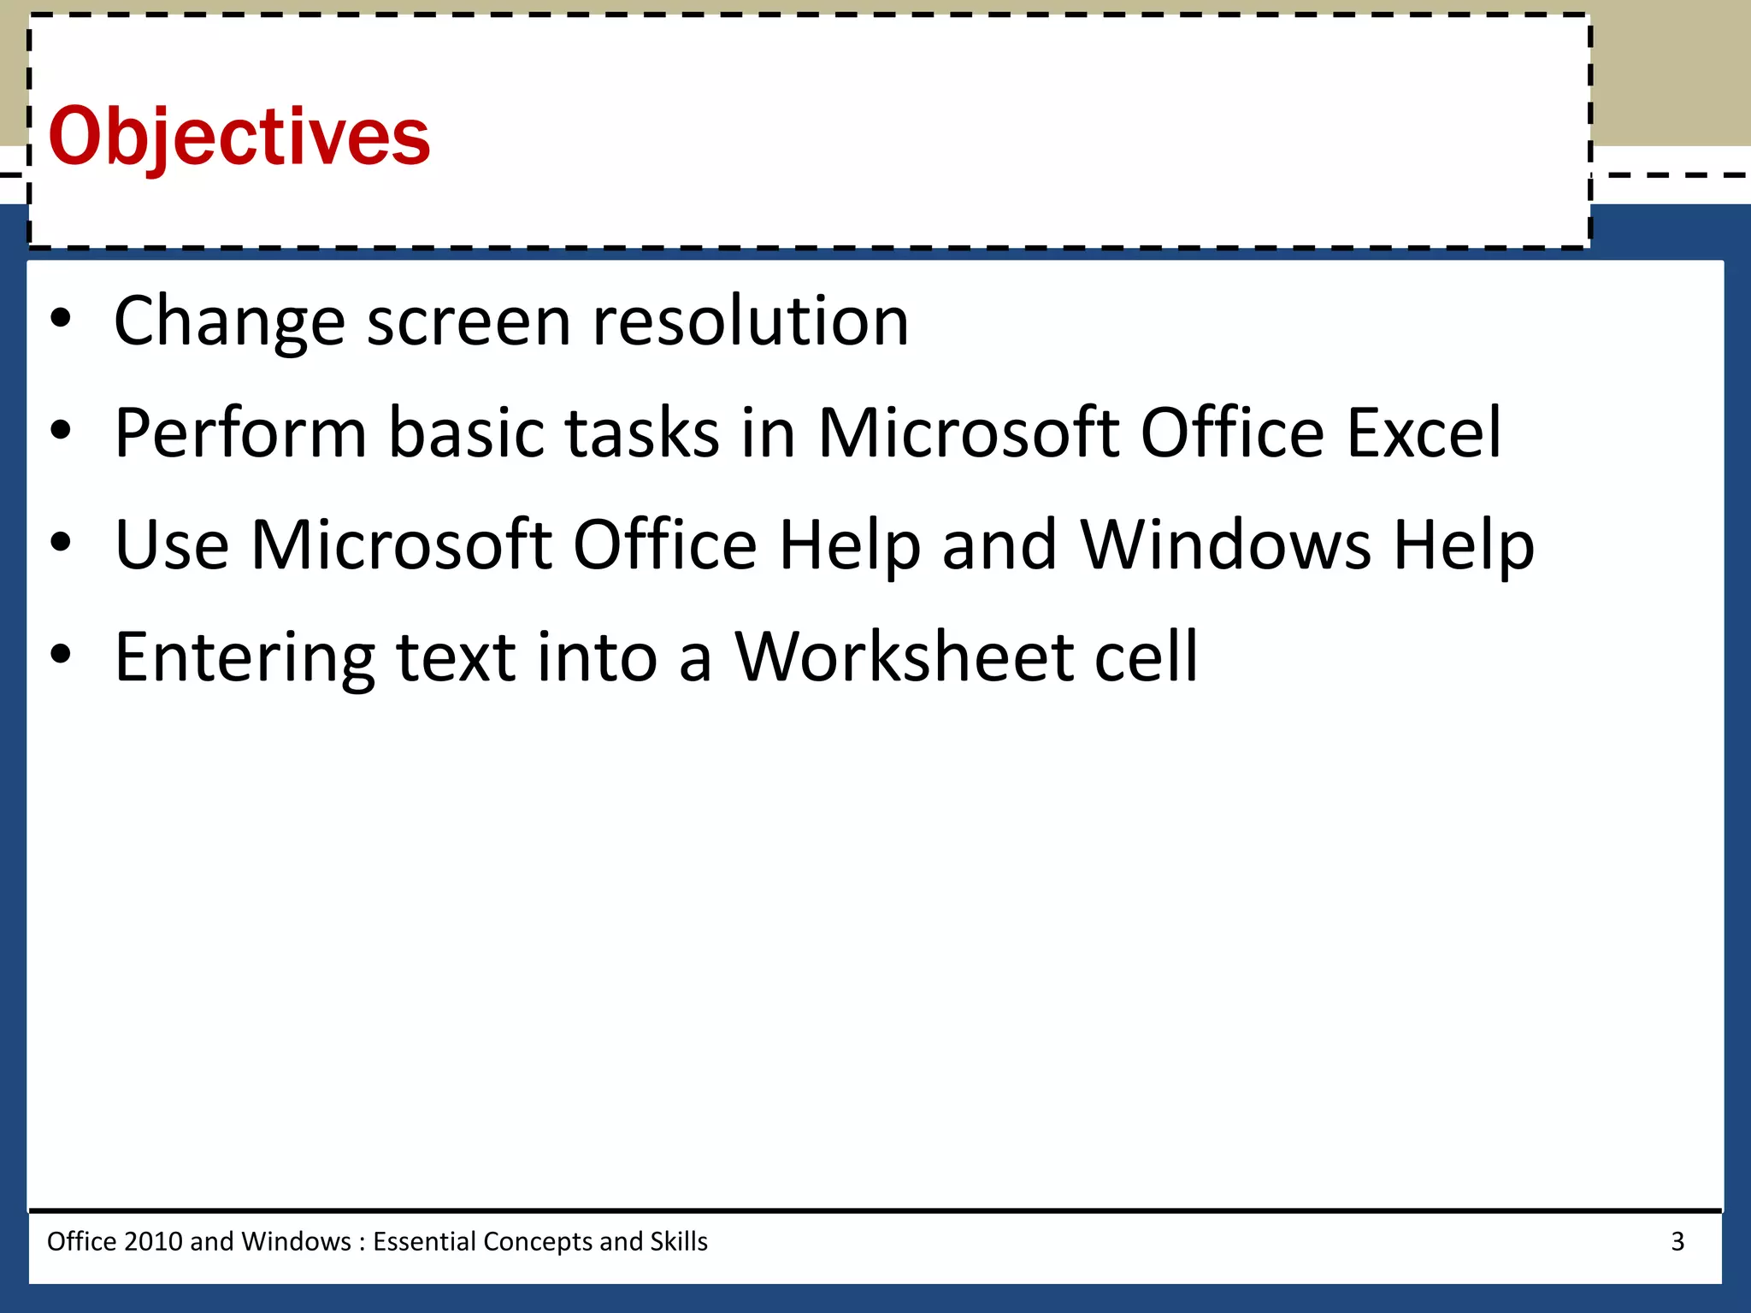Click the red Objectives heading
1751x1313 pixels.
tap(239, 137)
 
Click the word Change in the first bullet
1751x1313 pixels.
tap(229, 321)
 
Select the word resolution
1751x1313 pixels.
tap(751, 321)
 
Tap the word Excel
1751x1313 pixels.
tap(1424, 433)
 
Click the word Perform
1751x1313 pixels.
tap(240, 433)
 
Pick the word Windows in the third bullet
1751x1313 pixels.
tap(1226, 545)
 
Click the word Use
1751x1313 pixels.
tap(172, 545)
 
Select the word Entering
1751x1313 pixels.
tap(245, 657)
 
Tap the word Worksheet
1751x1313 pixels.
tap(905, 657)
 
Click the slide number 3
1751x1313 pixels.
tap(1677, 1241)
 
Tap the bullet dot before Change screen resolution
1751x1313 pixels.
tap(60, 319)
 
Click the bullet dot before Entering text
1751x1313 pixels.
tap(60, 654)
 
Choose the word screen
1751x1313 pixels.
tap(469, 321)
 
